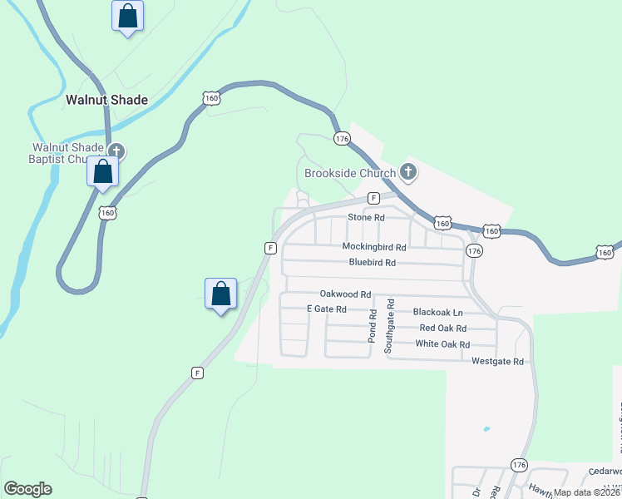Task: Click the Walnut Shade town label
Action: pyautogui.click(x=106, y=100)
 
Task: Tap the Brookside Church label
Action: pyautogui.click(x=348, y=173)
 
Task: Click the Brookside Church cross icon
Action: pyautogui.click(x=407, y=172)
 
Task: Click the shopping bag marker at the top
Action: pyautogui.click(x=127, y=16)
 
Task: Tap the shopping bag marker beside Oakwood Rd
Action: pyautogui.click(x=220, y=294)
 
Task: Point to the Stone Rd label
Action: pyautogui.click(x=366, y=217)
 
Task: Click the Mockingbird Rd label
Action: pyautogui.click(x=373, y=247)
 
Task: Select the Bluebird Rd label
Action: pyautogui.click(x=372, y=262)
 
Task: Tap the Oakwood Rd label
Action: pyautogui.click(x=345, y=294)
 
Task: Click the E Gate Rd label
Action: pyautogui.click(x=326, y=309)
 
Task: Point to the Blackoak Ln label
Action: pyautogui.click(x=437, y=313)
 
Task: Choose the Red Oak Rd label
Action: pyautogui.click(x=442, y=329)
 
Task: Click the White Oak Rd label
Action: pyautogui.click(x=442, y=344)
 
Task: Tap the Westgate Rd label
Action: pyautogui.click(x=497, y=362)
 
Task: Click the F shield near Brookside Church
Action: pyautogui.click(x=374, y=198)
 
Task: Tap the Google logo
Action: pyautogui.click(x=27, y=489)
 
